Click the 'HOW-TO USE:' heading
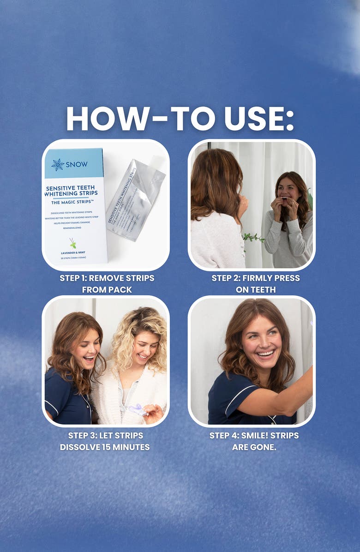tap(180, 119)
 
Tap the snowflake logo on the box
tap(58, 165)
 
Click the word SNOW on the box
tap(76, 165)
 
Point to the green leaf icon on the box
tap(72, 243)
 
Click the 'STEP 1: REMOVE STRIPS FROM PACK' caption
tap(107, 284)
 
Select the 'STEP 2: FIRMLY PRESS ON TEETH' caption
tap(255, 284)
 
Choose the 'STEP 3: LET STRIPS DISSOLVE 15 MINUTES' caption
tap(105, 441)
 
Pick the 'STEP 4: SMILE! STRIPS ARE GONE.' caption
tap(254, 441)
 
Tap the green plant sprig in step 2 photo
tap(253, 238)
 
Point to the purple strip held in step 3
tap(137, 409)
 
